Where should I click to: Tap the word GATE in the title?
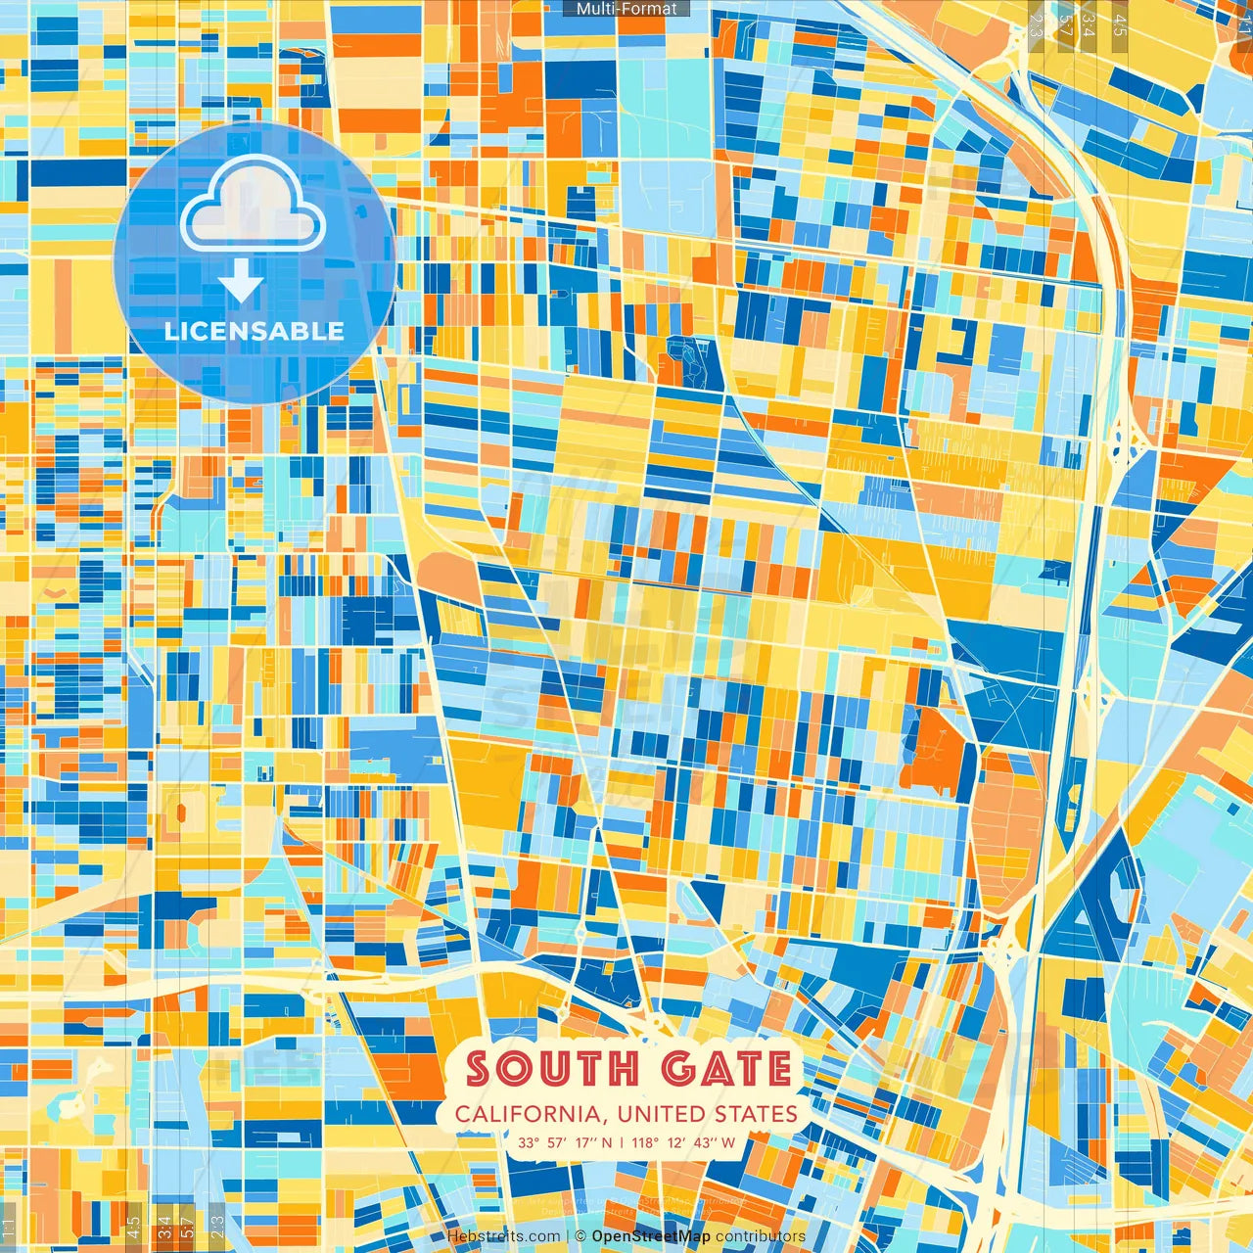point(726,1069)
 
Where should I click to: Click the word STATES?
point(754,1114)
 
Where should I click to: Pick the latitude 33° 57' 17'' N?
point(565,1142)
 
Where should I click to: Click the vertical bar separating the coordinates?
point(621,1142)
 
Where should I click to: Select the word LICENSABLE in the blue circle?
point(255,331)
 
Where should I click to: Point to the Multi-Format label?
point(626,9)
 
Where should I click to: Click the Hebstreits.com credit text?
point(504,1236)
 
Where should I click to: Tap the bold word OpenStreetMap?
point(651,1236)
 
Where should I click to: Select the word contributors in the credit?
point(760,1236)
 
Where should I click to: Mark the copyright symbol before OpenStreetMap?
point(580,1236)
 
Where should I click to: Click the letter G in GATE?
point(680,1069)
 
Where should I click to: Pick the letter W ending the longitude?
point(727,1142)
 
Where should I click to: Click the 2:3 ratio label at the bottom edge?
point(217,1225)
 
